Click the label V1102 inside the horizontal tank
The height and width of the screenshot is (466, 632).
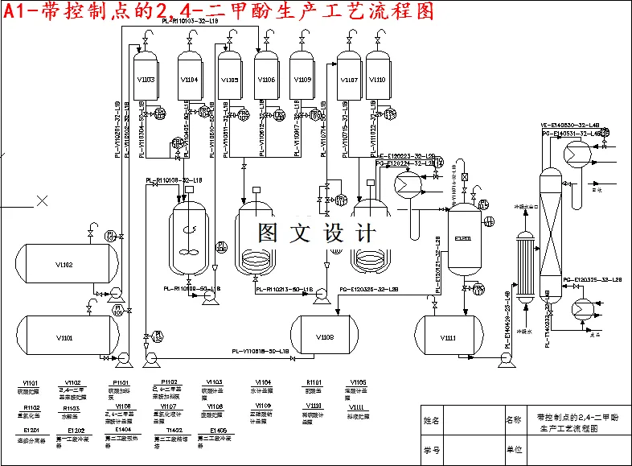64,265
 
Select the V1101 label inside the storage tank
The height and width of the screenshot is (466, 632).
64,338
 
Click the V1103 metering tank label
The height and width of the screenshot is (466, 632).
146,80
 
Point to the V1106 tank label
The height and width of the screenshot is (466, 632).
266,80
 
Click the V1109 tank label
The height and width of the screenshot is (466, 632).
302,80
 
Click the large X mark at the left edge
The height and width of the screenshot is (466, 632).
40,201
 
